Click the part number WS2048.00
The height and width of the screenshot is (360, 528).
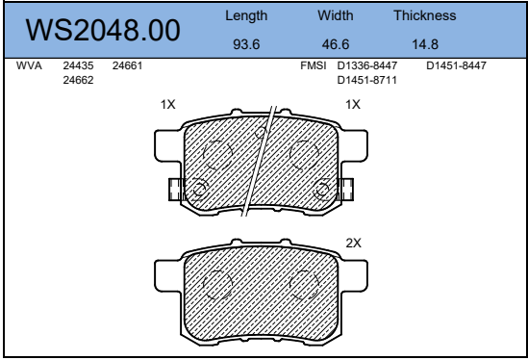coord(103,30)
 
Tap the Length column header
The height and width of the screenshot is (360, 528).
coord(246,15)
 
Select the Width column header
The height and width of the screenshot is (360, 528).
coord(336,15)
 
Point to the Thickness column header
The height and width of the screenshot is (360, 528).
coord(425,15)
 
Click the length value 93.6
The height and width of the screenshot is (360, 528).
coord(246,44)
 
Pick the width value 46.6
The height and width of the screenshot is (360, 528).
coord(336,44)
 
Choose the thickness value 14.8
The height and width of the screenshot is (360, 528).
coord(425,44)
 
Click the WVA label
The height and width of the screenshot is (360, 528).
coord(29,65)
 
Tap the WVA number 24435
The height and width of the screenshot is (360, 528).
coord(78,65)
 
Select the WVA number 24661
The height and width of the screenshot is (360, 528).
coord(127,65)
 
